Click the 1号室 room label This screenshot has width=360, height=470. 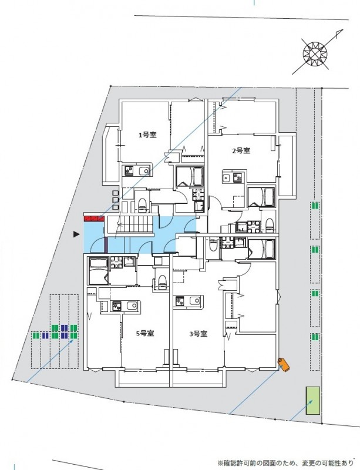[147, 135]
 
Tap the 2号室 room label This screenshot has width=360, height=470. [241, 151]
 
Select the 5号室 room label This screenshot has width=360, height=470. [145, 333]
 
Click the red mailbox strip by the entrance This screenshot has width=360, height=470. [94, 219]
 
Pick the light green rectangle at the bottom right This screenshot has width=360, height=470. [312, 401]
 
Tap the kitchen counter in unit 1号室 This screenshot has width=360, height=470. [136, 171]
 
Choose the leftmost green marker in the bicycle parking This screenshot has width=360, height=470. [36, 335]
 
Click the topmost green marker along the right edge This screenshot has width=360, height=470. [315, 206]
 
